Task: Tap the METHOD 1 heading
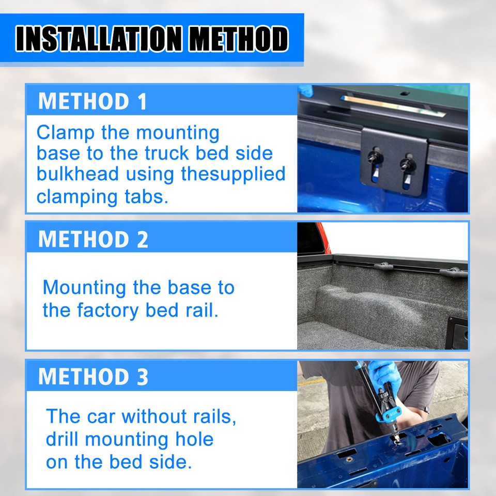pyautogui.click(x=92, y=101)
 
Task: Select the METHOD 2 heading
pyautogui.click(x=93, y=239)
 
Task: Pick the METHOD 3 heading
pyautogui.click(x=93, y=377)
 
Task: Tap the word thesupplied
pyautogui.click(x=233, y=174)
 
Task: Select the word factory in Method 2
pyautogui.click(x=109, y=310)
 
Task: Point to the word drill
pyautogui.click(x=63, y=439)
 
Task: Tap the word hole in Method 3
pyautogui.click(x=194, y=439)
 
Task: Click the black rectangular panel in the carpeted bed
pyautogui.click(x=458, y=330)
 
